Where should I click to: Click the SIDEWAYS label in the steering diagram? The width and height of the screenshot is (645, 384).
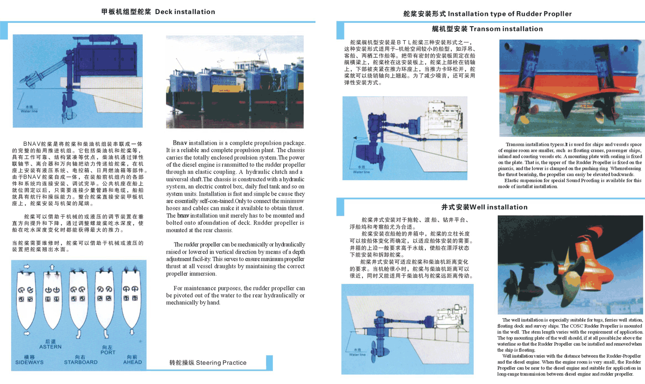29,362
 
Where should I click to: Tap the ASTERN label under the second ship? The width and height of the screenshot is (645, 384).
50,347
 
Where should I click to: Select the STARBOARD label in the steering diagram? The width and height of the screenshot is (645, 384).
80,362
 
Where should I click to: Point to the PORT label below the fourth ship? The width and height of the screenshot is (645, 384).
107,352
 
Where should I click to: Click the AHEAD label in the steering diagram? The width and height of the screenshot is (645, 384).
132,362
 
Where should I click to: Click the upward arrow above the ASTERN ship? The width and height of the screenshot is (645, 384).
52,267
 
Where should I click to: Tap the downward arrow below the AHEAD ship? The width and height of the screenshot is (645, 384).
132,333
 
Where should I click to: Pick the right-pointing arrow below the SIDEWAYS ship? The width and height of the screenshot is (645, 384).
26,333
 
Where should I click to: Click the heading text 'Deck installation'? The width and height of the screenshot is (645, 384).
185,12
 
